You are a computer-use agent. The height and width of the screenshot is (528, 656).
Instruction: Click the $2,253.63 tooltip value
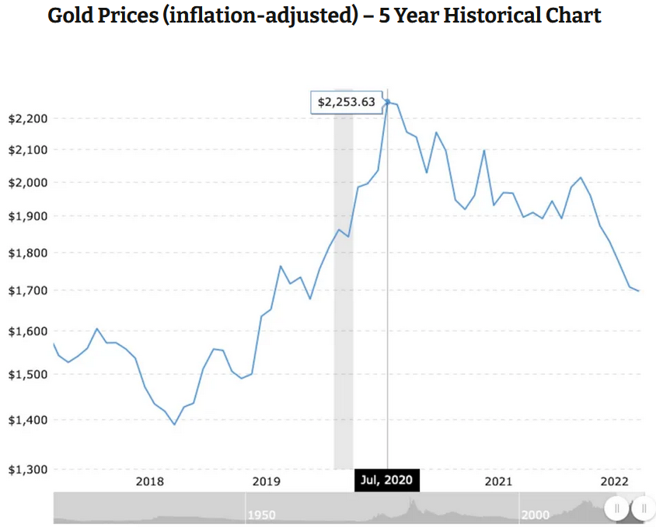(346, 102)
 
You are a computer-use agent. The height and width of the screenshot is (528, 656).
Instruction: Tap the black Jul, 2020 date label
(386, 481)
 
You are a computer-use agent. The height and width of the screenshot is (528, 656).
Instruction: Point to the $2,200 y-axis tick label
(28, 119)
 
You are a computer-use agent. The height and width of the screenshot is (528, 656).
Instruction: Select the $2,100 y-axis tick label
(28, 150)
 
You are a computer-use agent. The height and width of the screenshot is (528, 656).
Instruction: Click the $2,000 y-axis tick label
(28, 183)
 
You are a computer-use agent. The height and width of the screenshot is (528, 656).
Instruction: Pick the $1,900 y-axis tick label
(28, 216)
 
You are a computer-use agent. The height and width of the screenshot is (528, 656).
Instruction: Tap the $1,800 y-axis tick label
(28, 253)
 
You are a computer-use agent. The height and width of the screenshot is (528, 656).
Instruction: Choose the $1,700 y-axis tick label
(28, 291)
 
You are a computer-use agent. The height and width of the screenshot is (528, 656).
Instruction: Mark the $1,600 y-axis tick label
(28, 331)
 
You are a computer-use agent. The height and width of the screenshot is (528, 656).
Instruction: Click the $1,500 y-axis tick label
(28, 374)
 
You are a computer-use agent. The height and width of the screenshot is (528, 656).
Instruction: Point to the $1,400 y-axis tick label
(28, 420)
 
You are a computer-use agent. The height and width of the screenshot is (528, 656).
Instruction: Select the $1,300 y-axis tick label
(28, 470)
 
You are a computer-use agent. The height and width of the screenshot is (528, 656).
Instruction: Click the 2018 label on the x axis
(150, 481)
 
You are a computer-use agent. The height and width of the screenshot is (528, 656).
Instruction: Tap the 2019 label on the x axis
(267, 481)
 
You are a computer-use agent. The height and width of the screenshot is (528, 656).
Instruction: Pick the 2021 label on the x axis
(498, 481)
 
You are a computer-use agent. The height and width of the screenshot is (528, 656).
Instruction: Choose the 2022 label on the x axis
(615, 481)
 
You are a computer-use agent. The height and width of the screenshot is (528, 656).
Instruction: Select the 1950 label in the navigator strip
(261, 515)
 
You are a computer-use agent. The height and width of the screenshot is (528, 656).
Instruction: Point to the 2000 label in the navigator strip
(536, 515)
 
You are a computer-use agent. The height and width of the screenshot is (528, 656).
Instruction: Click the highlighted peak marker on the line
(387, 102)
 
